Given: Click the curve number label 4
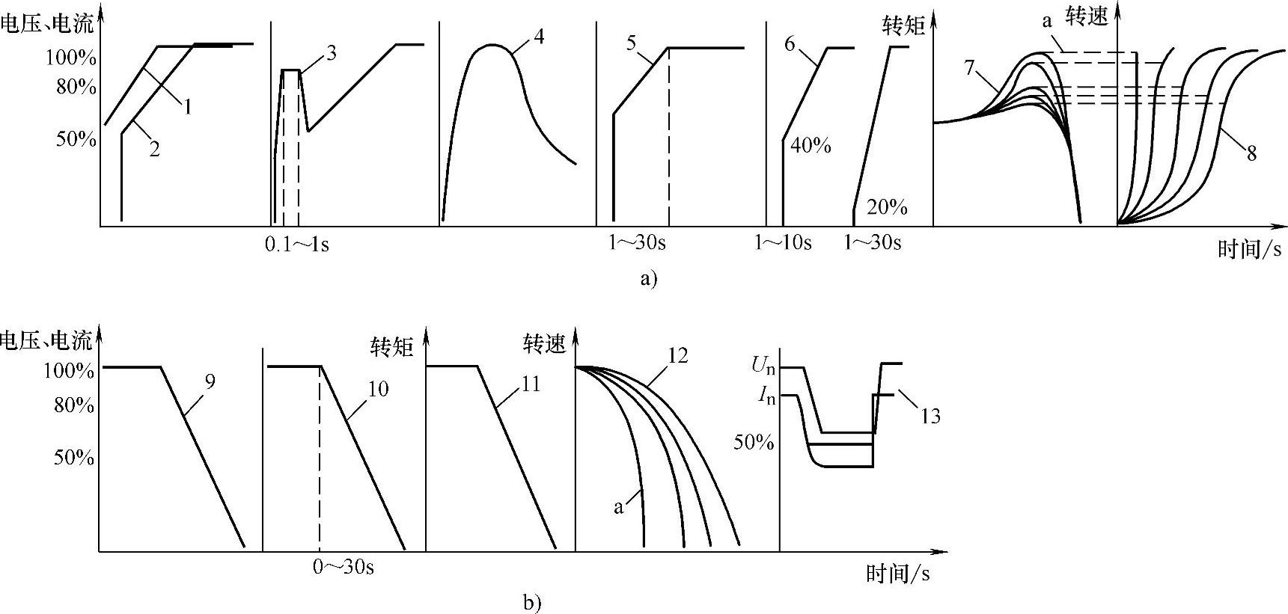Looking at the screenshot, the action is pos(539,36).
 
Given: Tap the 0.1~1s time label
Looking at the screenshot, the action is pos(297,245).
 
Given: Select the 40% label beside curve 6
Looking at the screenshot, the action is pos(811,145).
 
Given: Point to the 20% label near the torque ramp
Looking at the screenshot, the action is pos(887,207).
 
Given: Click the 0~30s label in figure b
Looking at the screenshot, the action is pos(344,567).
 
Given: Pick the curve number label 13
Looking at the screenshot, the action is pos(930,416).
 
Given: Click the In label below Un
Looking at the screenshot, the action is pos(766,395).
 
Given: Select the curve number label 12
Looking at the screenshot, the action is pos(677,355).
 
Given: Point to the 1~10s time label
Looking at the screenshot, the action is pos(783,243).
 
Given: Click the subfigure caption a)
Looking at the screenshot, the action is pos(648,279).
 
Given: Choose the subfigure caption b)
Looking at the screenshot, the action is pos(532,602).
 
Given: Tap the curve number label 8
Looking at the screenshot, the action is pos(1251,154).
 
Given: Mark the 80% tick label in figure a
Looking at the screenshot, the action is pos(76,88).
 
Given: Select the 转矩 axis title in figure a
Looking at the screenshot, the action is pos(904,25).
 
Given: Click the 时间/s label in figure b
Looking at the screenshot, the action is pos(898,574).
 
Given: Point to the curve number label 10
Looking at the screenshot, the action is pos(379,389).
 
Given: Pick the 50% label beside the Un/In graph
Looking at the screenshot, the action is pos(753,442).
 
